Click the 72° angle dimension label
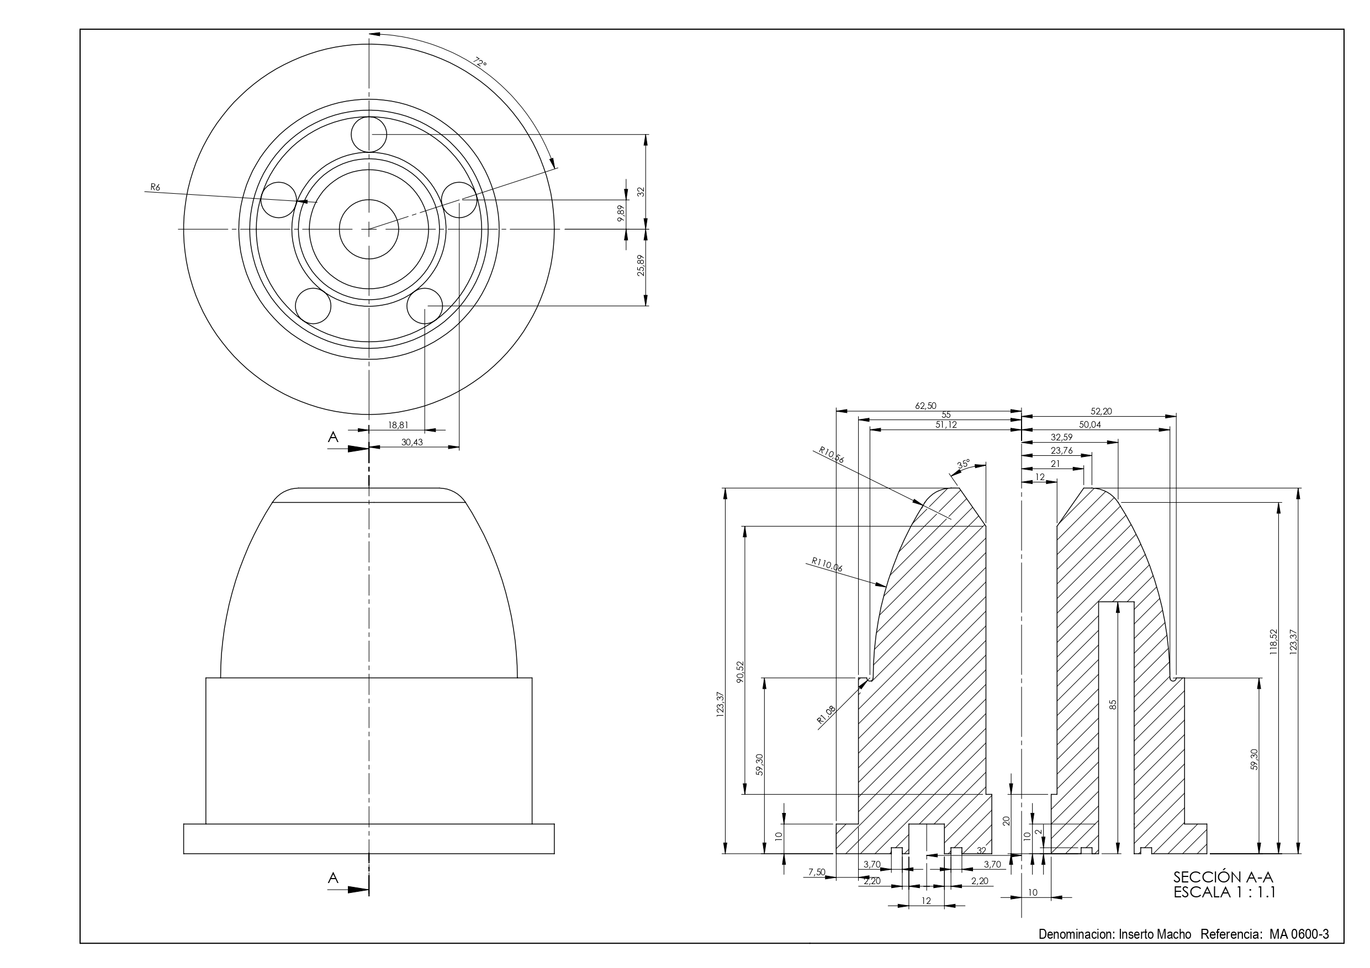coord(480,63)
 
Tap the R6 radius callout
coord(155,187)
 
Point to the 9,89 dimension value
coord(621,214)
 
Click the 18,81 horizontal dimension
coord(399,426)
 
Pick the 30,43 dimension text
coord(412,442)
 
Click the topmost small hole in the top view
coord(369,134)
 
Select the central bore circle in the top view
coord(369,229)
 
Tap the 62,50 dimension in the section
coord(925,406)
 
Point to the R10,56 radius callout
coord(831,456)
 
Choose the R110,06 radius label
coord(827,564)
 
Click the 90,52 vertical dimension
coord(740,672)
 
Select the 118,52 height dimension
coord(1273,642)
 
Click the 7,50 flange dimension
coord(816,873)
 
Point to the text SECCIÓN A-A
coord(1223,877)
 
